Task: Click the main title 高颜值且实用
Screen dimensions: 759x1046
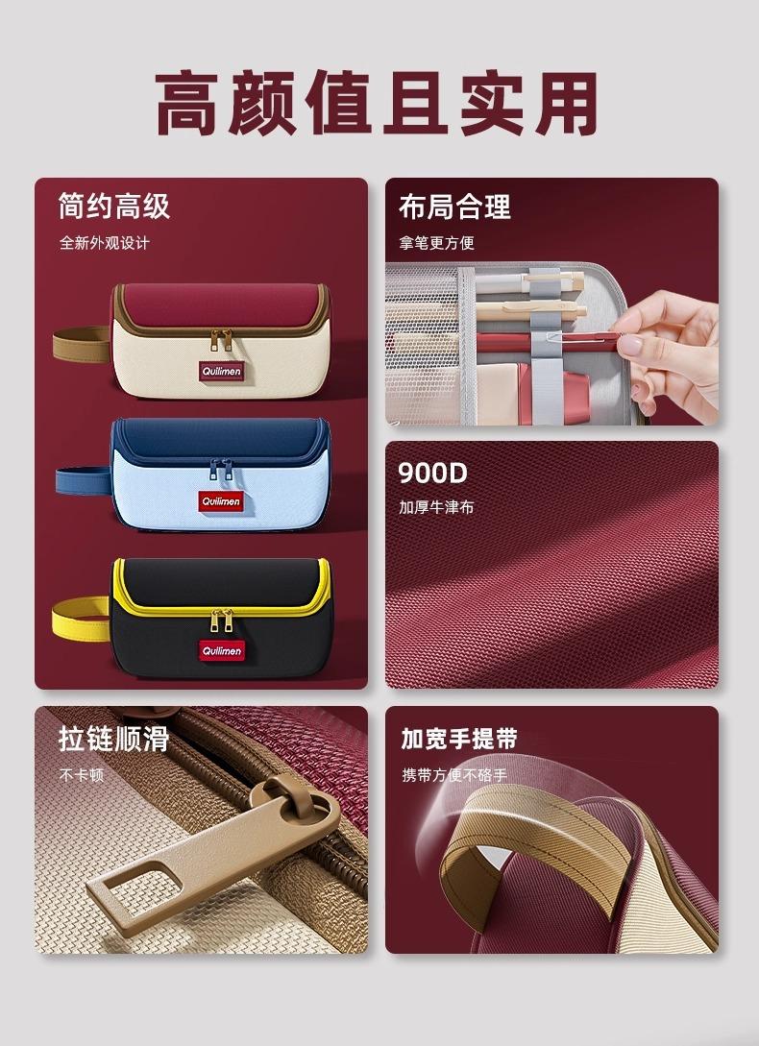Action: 376,104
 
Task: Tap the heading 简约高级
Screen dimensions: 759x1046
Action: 114,207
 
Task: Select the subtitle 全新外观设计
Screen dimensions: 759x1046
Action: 105,243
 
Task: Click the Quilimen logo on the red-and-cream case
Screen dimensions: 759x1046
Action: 222,372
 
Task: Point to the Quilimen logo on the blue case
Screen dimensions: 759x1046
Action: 221,501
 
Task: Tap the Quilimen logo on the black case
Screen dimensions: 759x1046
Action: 222,650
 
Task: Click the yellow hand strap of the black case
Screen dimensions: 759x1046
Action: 80,620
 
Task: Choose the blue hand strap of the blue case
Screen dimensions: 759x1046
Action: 83,480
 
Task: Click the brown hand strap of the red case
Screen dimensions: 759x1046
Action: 81,344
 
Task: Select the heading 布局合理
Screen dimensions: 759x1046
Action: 454,207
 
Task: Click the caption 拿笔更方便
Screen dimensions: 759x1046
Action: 436,243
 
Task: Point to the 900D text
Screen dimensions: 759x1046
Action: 432,473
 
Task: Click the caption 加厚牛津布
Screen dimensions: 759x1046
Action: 436,507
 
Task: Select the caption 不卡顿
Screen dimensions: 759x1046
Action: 82,775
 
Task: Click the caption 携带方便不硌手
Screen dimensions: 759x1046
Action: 454,775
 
